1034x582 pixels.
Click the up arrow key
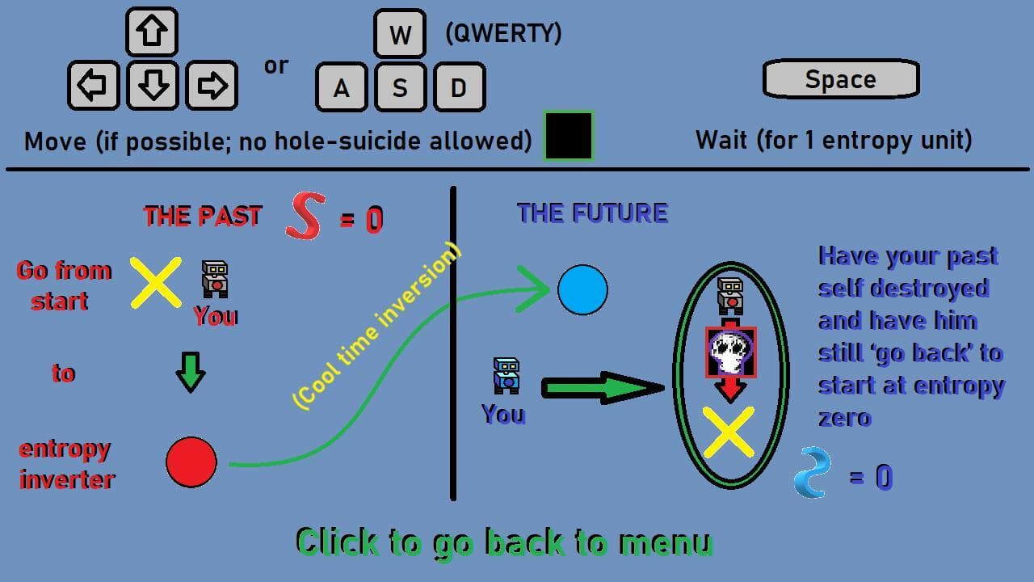(x=152, y=32)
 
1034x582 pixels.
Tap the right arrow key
(x=212, y=86)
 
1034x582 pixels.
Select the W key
(x=400, y=34)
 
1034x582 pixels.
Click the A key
(x=342, y=88)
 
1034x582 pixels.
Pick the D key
(x=460, y=88)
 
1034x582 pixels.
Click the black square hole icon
(x=569, y=136)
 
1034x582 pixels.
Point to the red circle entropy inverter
(x=191, y=462)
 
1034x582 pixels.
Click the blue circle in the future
(x=582, y=290)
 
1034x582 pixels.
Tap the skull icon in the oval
(x=731, y=352)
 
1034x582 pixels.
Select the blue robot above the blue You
(x=506, y=376)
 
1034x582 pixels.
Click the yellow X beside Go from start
(x=156, y=283)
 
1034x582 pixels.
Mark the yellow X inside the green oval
(x=729, y=432)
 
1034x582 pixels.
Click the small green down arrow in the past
(x=191, y=373)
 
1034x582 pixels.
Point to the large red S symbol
(x=305, y=216)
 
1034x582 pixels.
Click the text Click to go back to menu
(x=505, y=543)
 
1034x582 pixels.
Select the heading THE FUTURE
(x=592, y=213)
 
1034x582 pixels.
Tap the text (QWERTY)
(x=503, y=33)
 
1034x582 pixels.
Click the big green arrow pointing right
(x=603, y=388)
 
